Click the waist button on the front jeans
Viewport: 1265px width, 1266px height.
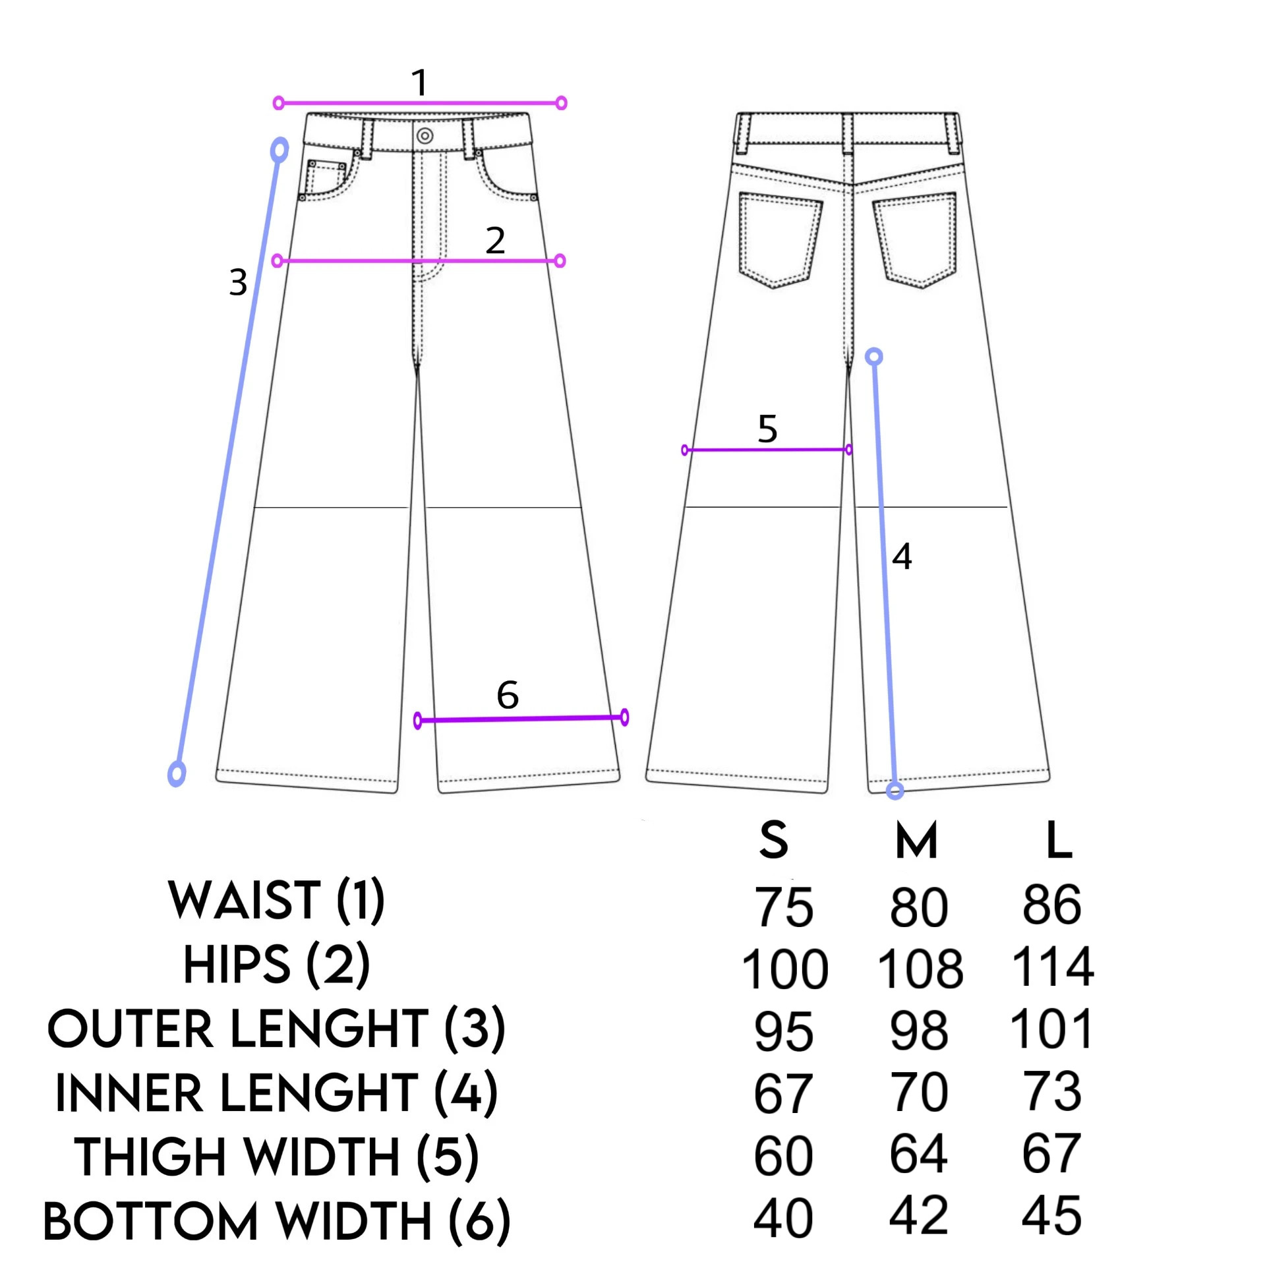tap(425, 136)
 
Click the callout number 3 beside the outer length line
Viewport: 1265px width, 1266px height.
tap(238, 282)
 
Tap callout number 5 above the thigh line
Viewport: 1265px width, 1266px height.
tap(767, 429)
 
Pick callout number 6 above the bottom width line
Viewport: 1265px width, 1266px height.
tap(508, 694)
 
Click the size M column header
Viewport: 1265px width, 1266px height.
tap(916, 841)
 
